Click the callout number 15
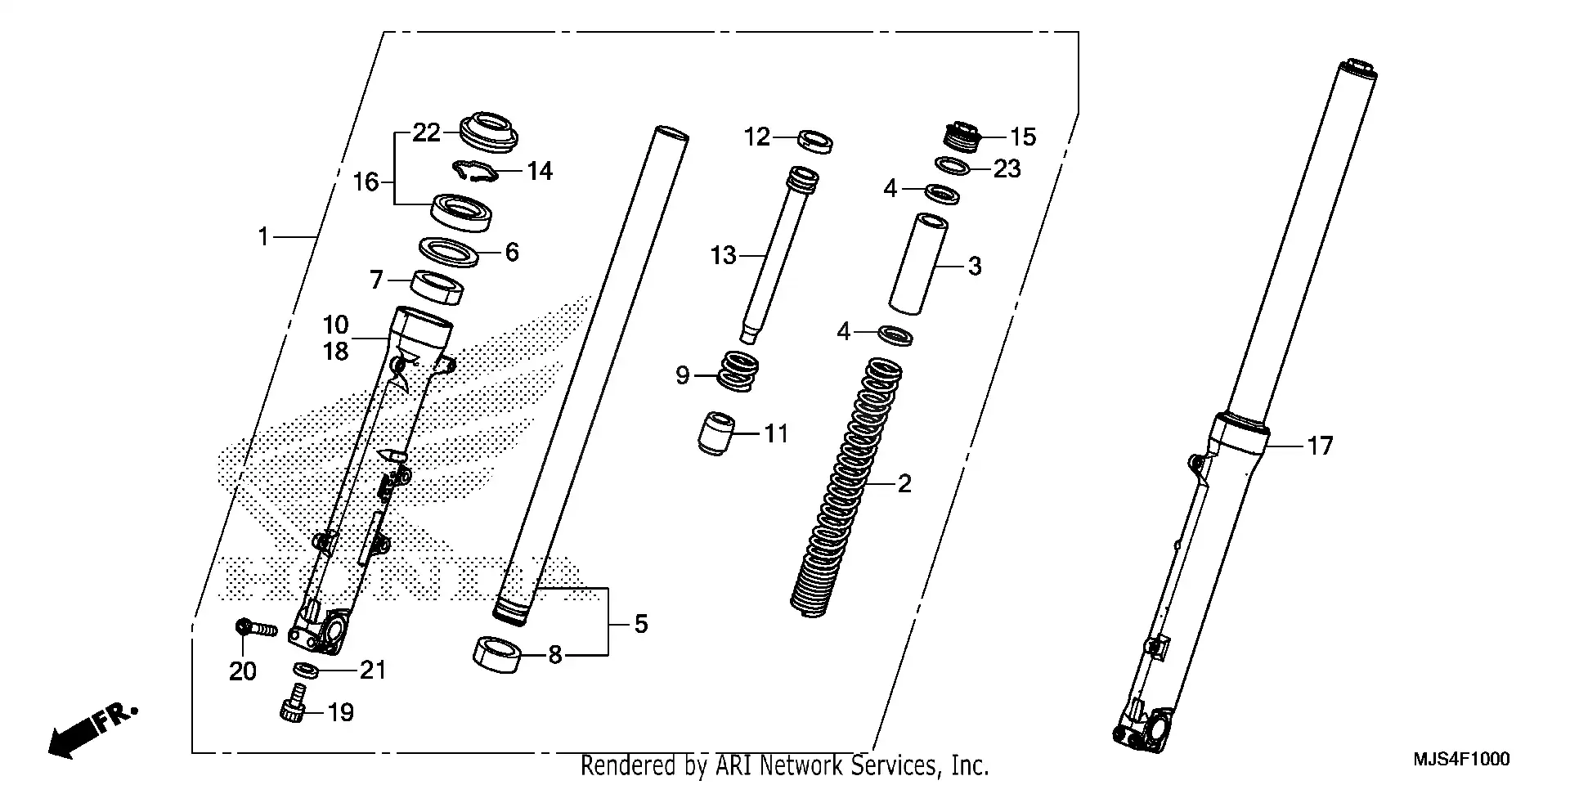tap(1023, 137)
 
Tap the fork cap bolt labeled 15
tap(962, 136)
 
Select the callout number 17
tap(1320, 446)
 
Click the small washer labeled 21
tap(306, 670)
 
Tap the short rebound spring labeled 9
tap(738, 372)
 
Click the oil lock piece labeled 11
tap(717, 434)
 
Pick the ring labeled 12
tap(815, 141)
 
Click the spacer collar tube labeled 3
tap(918, 264)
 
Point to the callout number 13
tap(723, 256)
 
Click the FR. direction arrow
tap(90, 729)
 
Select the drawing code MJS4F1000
tap(1461, 760)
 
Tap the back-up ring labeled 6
tap(448, 251)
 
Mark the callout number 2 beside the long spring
tap(904, 484)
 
